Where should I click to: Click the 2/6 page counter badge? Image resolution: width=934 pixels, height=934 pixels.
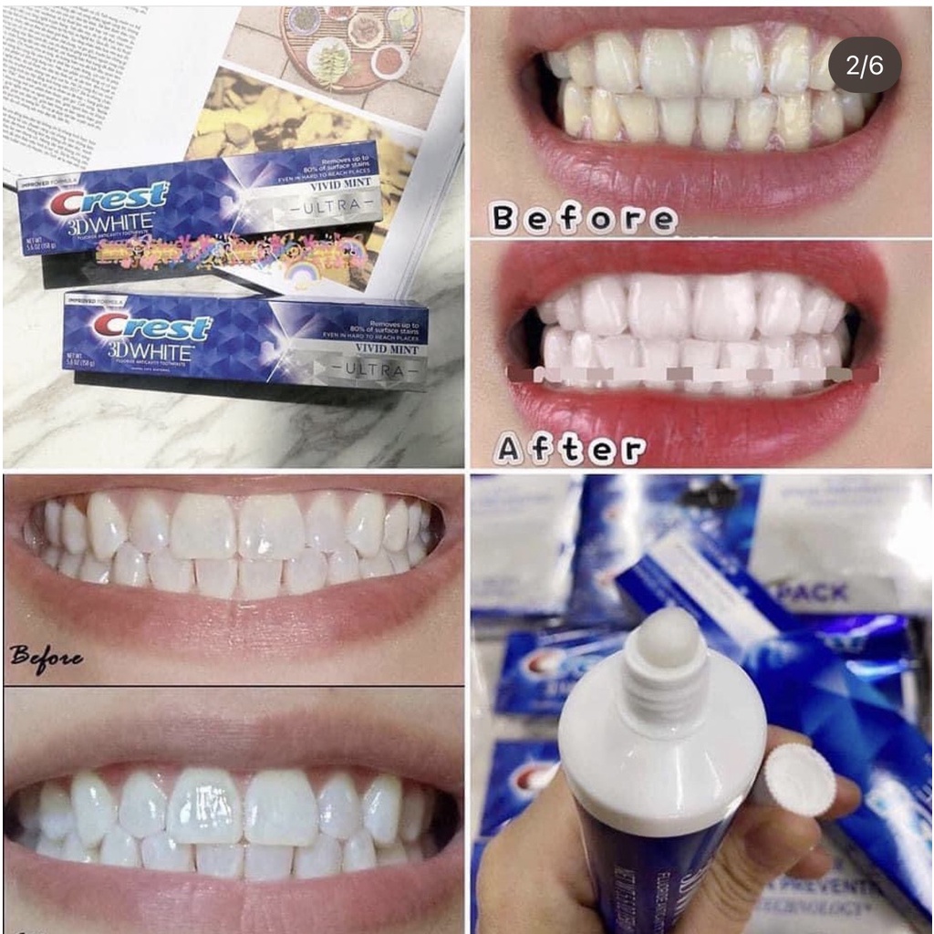coord(865,66)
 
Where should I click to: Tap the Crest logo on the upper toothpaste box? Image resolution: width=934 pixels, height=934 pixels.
coord(109,200)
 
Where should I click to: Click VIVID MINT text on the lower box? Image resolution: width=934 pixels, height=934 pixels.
coord(386,349)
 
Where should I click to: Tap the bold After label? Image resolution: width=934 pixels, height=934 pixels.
coord(569,449)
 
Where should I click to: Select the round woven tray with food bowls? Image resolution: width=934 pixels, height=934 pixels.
coord(351,46)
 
